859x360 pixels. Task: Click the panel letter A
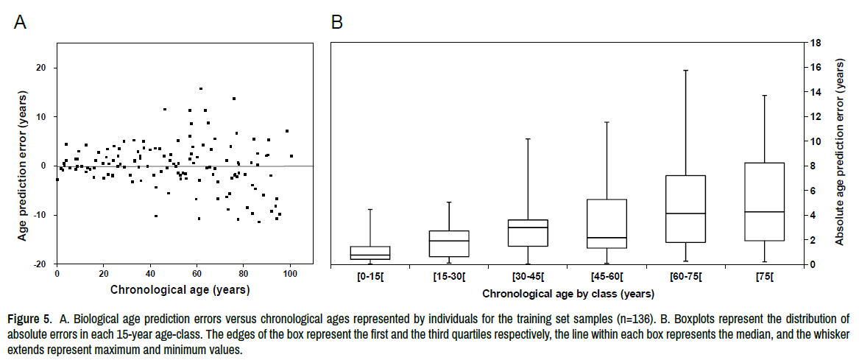tap(21, 22)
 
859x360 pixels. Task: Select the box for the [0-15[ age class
tap(370, 253)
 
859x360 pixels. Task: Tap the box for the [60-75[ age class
tap(686, 209)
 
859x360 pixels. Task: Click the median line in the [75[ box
tap(764, 212)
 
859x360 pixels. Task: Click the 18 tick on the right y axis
tap(816, 43)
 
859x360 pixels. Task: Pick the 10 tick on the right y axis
tap(816, 141)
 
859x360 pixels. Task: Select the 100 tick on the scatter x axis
tap(290, 274)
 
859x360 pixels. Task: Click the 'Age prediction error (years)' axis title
tap(23, 165)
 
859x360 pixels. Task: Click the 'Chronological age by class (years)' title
tap(567, 294)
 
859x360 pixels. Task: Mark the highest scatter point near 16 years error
tap(200, 88)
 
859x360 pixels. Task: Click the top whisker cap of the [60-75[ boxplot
tap(686, 71)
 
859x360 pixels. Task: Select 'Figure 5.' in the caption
tap(29, 320)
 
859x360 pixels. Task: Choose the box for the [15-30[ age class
tap(449, 244)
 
